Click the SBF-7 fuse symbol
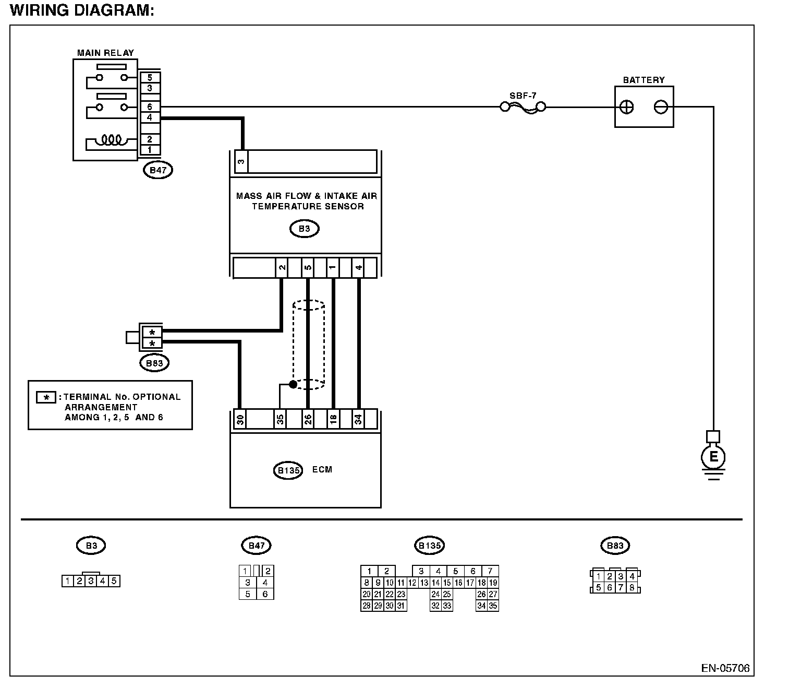click(x=523, y=107)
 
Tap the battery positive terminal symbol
click(x=626, y=107)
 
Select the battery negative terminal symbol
click(x=661, y=107)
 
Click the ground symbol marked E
click(x=713, y=457)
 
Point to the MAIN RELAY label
click(x=105, y=53)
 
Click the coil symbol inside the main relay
click(x=111, y=140)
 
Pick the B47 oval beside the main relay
click(x=157, y=170)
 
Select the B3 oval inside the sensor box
click(x=304, y=229)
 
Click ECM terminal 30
click(x=240, y=419)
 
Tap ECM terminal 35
click(x=280, y=419)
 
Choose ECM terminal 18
click(x=333, y=419)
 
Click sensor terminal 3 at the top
click(x=241, y=161)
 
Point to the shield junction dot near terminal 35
click(x=294, y=384)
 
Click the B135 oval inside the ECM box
click(x=288, y=470)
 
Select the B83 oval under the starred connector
click(x=154, y=363)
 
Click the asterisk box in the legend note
click(x=46, y=397)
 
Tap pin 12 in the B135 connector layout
click(x=412, y=583)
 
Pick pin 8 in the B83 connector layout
click(x=632, y=587)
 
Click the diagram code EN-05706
click(x=725, y=668)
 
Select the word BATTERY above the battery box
click(x=644, y=80)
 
